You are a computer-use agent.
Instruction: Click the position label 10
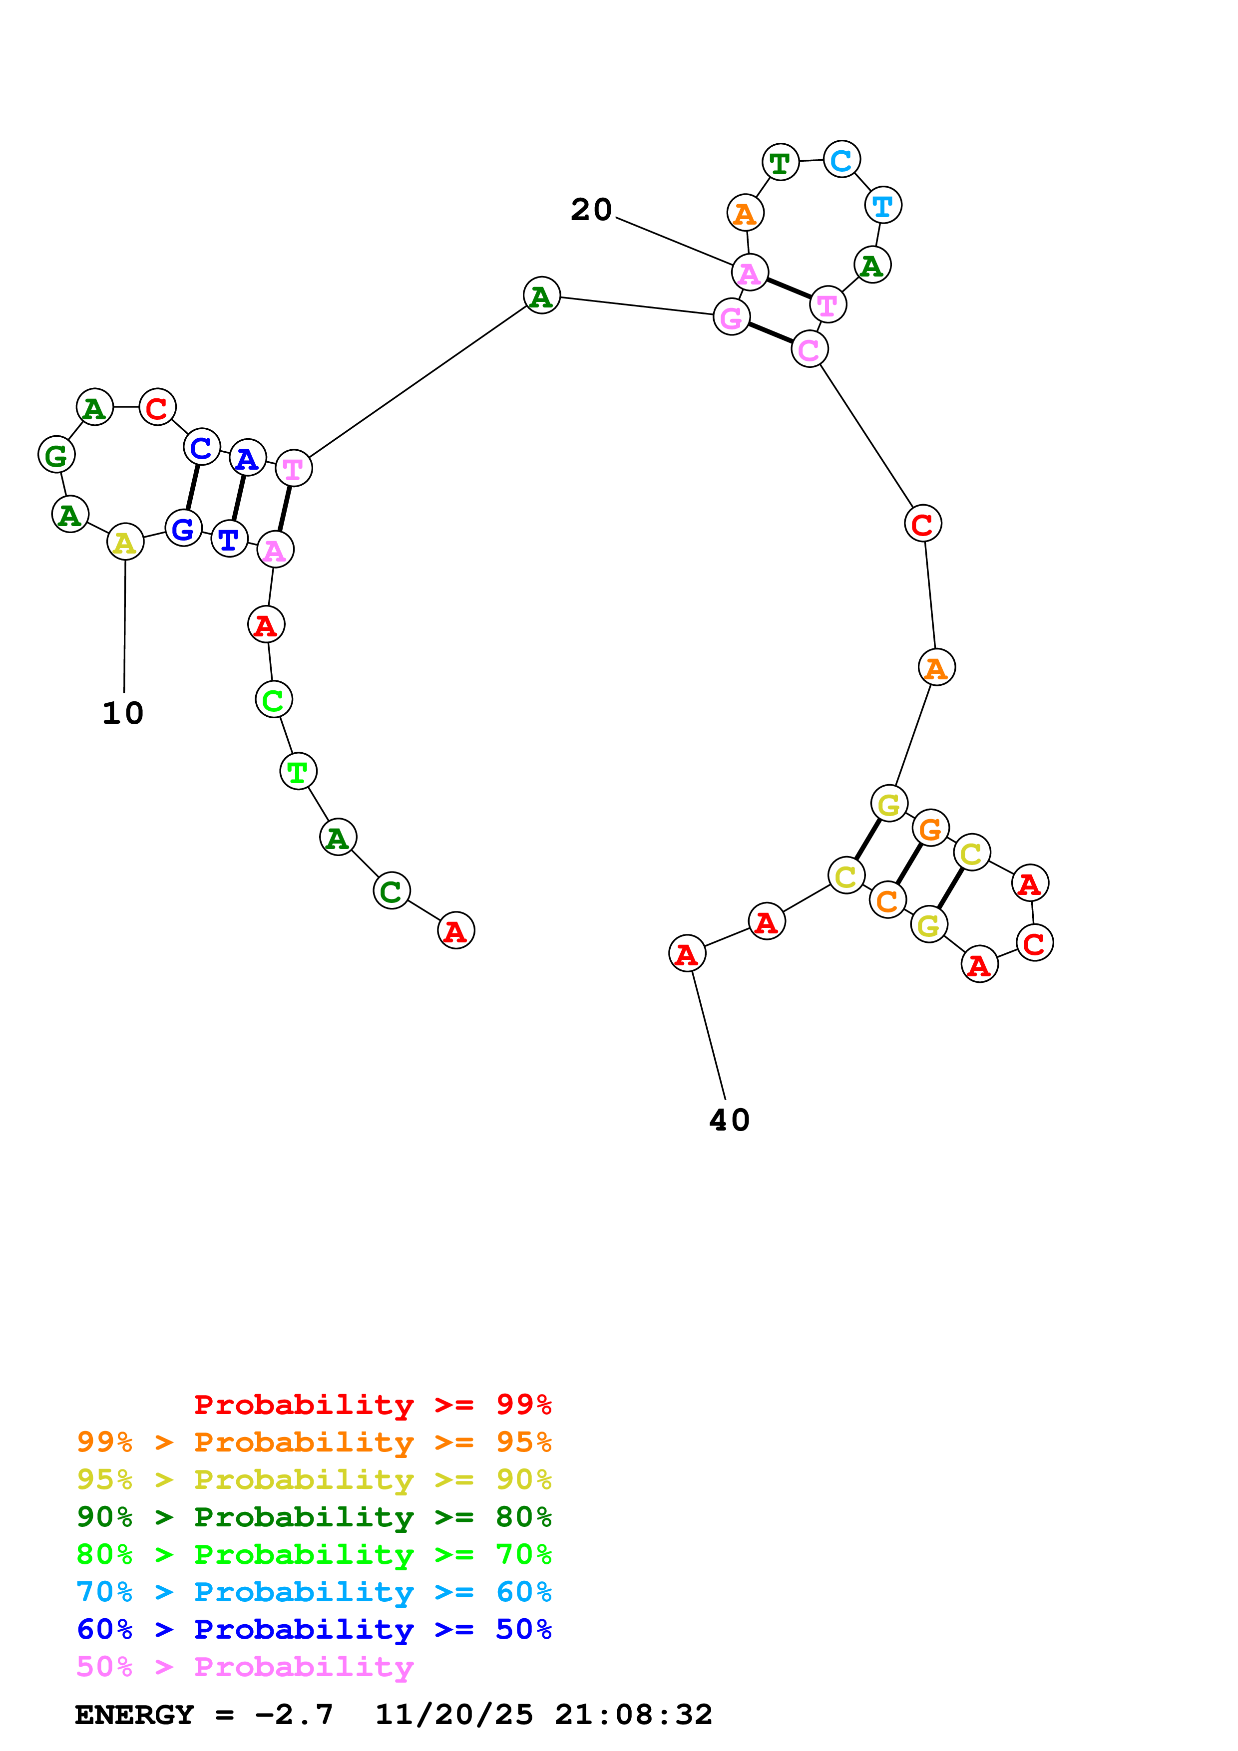click(123, 714)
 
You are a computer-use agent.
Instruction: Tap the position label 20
click(591, 210)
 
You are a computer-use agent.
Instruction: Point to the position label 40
click(729, 1120)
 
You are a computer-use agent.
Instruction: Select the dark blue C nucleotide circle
click(201, 448)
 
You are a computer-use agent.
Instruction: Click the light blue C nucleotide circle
click(841, 160)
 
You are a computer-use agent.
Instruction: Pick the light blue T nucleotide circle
click(882, 206)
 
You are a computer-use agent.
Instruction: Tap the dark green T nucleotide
click(780, 162)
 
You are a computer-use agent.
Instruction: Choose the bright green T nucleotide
click(298, 772)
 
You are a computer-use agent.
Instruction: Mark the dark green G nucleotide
click(56, 455)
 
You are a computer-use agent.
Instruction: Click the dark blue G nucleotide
click(183, 529)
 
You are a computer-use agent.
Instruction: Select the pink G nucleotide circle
click(731, 317)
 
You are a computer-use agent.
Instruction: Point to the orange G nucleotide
click(930, 829)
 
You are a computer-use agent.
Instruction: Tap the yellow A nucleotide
click(125, 542)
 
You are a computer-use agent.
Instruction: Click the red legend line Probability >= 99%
click(372, 1405)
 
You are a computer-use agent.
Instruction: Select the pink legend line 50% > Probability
click(245, 1667)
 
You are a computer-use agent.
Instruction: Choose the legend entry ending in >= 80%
click(314, 1517)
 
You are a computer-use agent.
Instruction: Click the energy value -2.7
click(294, 1715)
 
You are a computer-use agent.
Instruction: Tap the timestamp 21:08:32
click(633, 1715)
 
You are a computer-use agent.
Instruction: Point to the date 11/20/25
click(454, 1715)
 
